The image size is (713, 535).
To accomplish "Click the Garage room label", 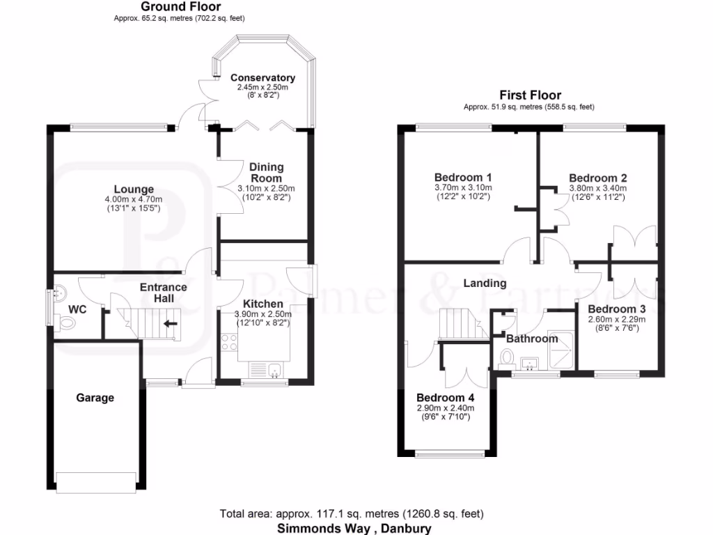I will point(95,398).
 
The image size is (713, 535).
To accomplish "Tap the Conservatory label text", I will point(263,77).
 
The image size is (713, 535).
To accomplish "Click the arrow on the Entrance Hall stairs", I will point(170,323).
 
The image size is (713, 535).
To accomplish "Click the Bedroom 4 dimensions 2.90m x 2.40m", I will point(445,408).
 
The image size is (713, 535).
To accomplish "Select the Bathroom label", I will point(532,339).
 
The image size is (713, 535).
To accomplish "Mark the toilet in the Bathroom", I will point(506,358).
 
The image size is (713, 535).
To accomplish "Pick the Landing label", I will point(485,283).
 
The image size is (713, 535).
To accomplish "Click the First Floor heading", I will point(530,95).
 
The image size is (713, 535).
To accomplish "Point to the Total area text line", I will point(352,514).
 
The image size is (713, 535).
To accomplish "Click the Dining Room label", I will point(267,172).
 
